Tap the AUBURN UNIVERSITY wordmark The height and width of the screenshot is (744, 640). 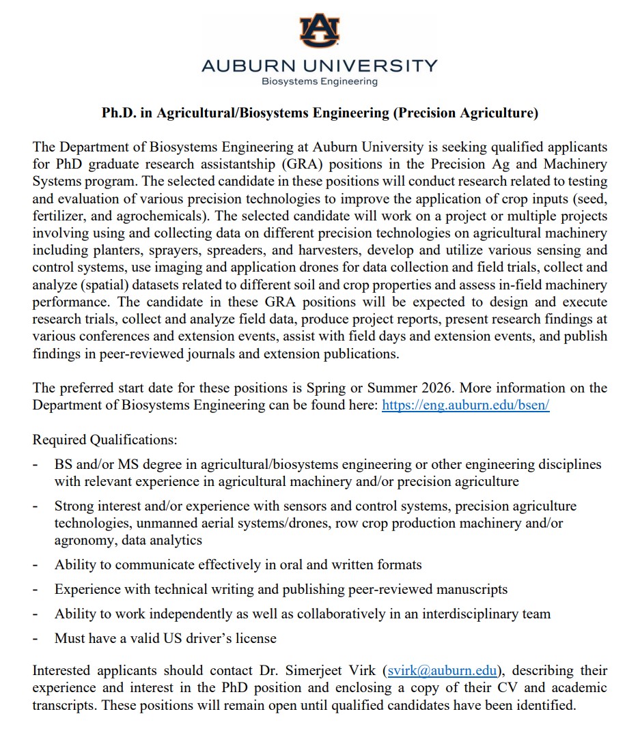(319, 66)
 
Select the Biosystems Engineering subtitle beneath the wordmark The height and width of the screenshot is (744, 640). (319, 82)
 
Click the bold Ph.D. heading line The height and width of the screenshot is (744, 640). (320, 113)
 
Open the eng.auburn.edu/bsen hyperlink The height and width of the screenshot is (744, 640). (465, 405)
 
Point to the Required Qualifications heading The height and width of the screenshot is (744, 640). (105, 440)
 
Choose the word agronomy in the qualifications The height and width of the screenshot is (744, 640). (83, 540)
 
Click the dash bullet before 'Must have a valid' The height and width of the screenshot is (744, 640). (36, 639)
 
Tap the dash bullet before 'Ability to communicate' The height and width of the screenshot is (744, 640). (36, 564)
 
